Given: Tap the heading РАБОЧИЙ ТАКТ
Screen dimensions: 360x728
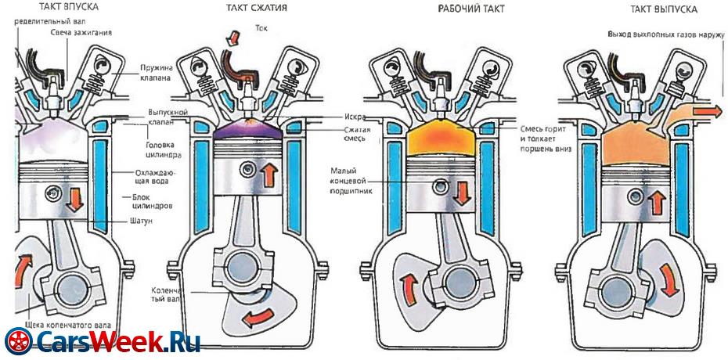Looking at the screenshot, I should pyautogui.click(x=471, y=9).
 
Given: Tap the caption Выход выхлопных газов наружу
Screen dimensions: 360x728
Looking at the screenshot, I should pyautogui.click(x=665, y=35).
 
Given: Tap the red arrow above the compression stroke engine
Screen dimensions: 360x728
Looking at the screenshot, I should pyautogui.click(x=232, y=36).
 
